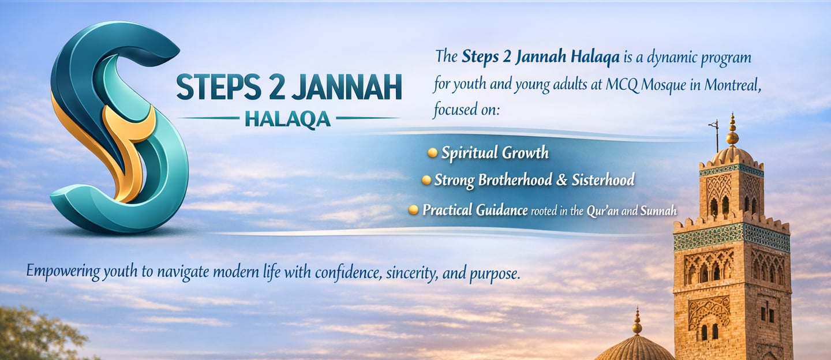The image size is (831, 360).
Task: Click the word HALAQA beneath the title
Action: (x=287, y=119)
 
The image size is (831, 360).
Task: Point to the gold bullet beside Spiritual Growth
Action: (x=432, y=152)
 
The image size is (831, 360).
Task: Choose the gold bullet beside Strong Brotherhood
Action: (x=426, y=180)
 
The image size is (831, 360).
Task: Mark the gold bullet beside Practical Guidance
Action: (x=413, y=210)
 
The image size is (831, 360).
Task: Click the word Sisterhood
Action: (x=603, y=180)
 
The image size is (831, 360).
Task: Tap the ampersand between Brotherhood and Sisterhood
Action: (x=562, y=180)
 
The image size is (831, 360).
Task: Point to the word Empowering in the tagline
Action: (x=63, y=271)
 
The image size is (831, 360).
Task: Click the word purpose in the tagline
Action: (x=495, y=274)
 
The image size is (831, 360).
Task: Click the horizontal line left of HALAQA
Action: (x=208, y=118)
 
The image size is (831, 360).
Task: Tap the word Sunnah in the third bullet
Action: (x=658, y=211)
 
